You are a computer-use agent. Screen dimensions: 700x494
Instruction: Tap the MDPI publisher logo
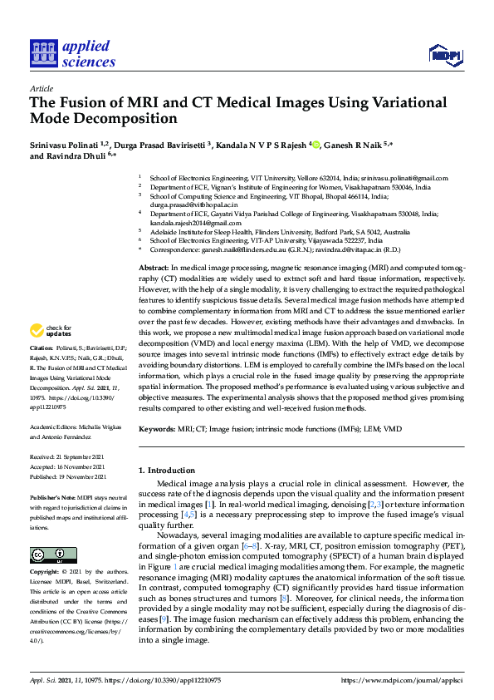pos(446,55)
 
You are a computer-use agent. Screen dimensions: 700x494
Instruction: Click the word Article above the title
pos(41,88)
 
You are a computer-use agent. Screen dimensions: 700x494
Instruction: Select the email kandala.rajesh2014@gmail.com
pos(188,224)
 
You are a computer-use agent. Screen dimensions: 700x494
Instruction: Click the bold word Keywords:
pos(157,429)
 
